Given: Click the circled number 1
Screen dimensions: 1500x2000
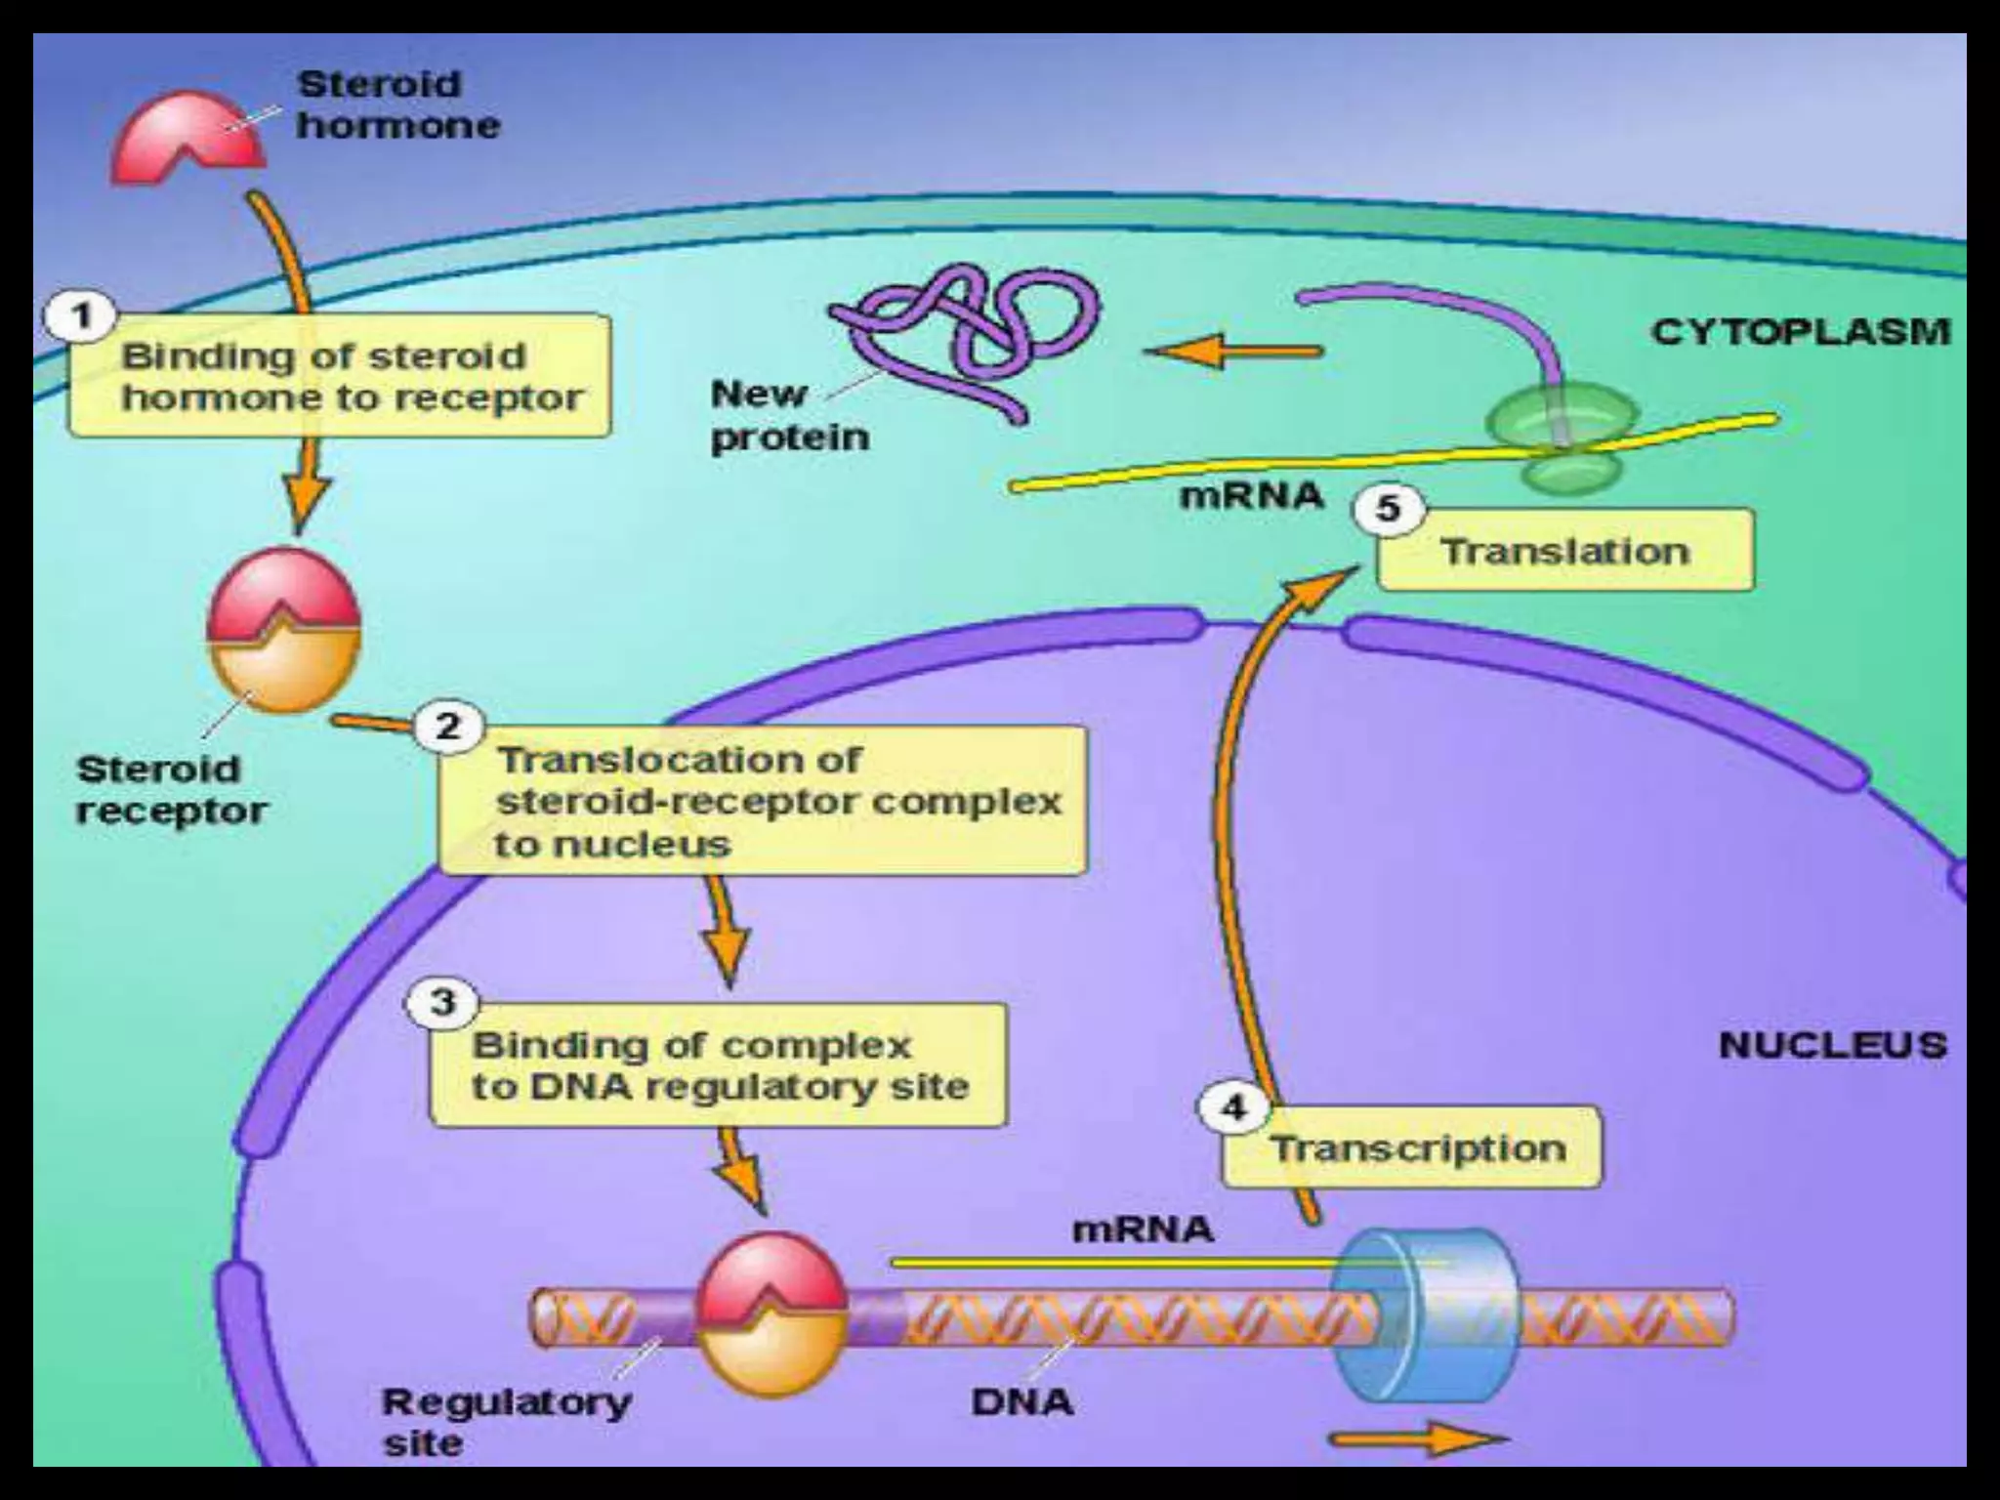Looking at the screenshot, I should (82, 316).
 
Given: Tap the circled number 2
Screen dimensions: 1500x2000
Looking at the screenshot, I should (447, 727).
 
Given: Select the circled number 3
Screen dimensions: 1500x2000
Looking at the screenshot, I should (442, 1003).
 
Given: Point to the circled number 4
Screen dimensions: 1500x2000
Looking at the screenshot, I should (1234, 1107).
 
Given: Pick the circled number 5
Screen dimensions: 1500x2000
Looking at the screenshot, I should (1388, 508).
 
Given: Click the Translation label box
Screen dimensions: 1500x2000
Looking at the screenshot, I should (1565, 552).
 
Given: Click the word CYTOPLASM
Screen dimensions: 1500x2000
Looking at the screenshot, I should (1800, 332).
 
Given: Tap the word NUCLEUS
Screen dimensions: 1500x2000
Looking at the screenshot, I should (1832, 1046).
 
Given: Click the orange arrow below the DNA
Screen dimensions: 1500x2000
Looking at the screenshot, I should (1416, 1438).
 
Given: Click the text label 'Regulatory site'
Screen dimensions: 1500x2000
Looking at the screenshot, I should (505, 1422).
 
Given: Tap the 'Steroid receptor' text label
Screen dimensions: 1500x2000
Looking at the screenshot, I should (171, 790).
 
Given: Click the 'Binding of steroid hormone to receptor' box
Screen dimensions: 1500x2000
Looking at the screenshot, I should (340, 377).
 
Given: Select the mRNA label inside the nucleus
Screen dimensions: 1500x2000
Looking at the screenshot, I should (1143, 1229).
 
